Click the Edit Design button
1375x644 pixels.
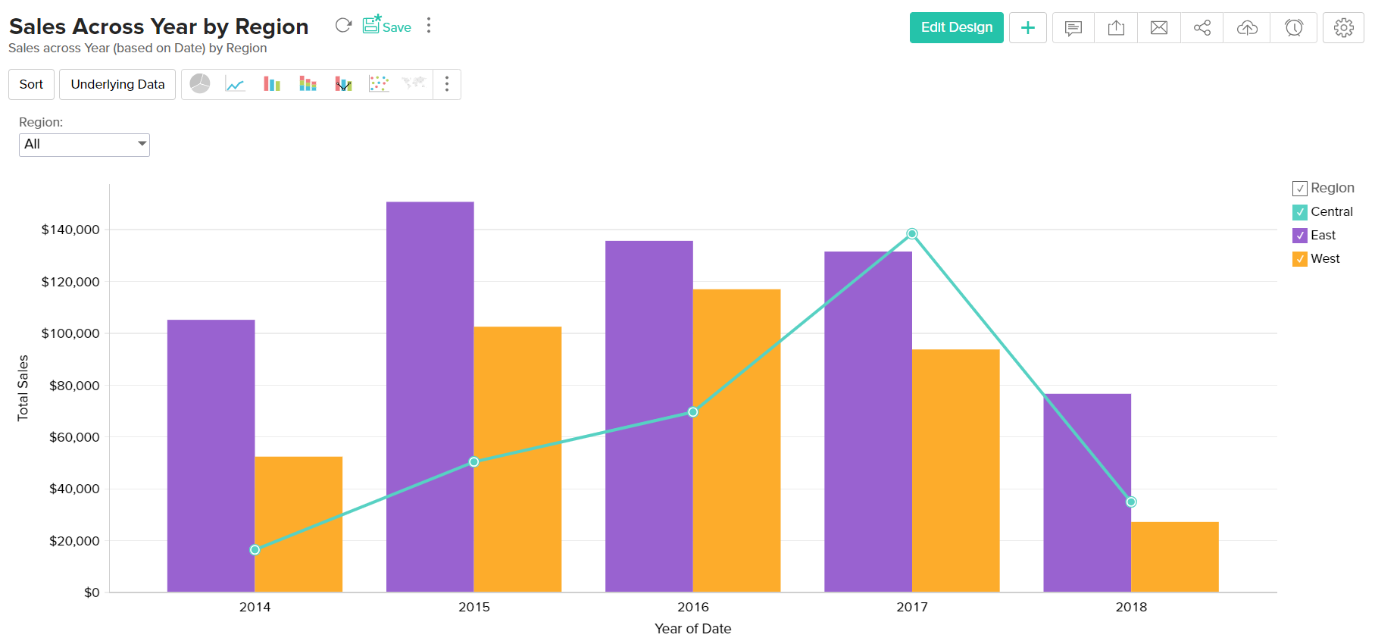pos(956,27)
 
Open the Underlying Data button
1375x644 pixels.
pos(117,84)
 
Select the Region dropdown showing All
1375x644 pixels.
pos(84,144)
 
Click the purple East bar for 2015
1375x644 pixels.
pos(430,394)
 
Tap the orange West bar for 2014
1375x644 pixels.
pos(298,523)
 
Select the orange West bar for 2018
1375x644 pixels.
pos(1175,557)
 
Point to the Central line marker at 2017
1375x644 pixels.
pos(912,234)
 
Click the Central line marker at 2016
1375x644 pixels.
pos(693,412)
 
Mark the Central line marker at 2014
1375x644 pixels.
pos(255,550)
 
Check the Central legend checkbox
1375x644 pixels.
pos(1300,212)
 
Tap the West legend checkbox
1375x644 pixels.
pos(1300,259)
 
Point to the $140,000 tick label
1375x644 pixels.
pos(70,230)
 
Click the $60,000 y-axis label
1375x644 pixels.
pos(74,437)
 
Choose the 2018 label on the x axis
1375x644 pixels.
pos(1131,607)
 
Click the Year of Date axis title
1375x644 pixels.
pos(692,629)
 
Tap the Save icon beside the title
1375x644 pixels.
pos(386,26)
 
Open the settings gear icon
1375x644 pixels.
pos(1343,28)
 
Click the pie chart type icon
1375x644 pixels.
pos(200,84)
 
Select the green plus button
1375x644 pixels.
pos(1028,28)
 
